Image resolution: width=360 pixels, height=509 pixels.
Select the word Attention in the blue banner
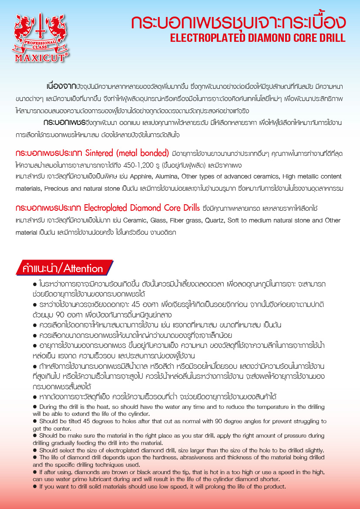pyautogui.click(x=83, y=269)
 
